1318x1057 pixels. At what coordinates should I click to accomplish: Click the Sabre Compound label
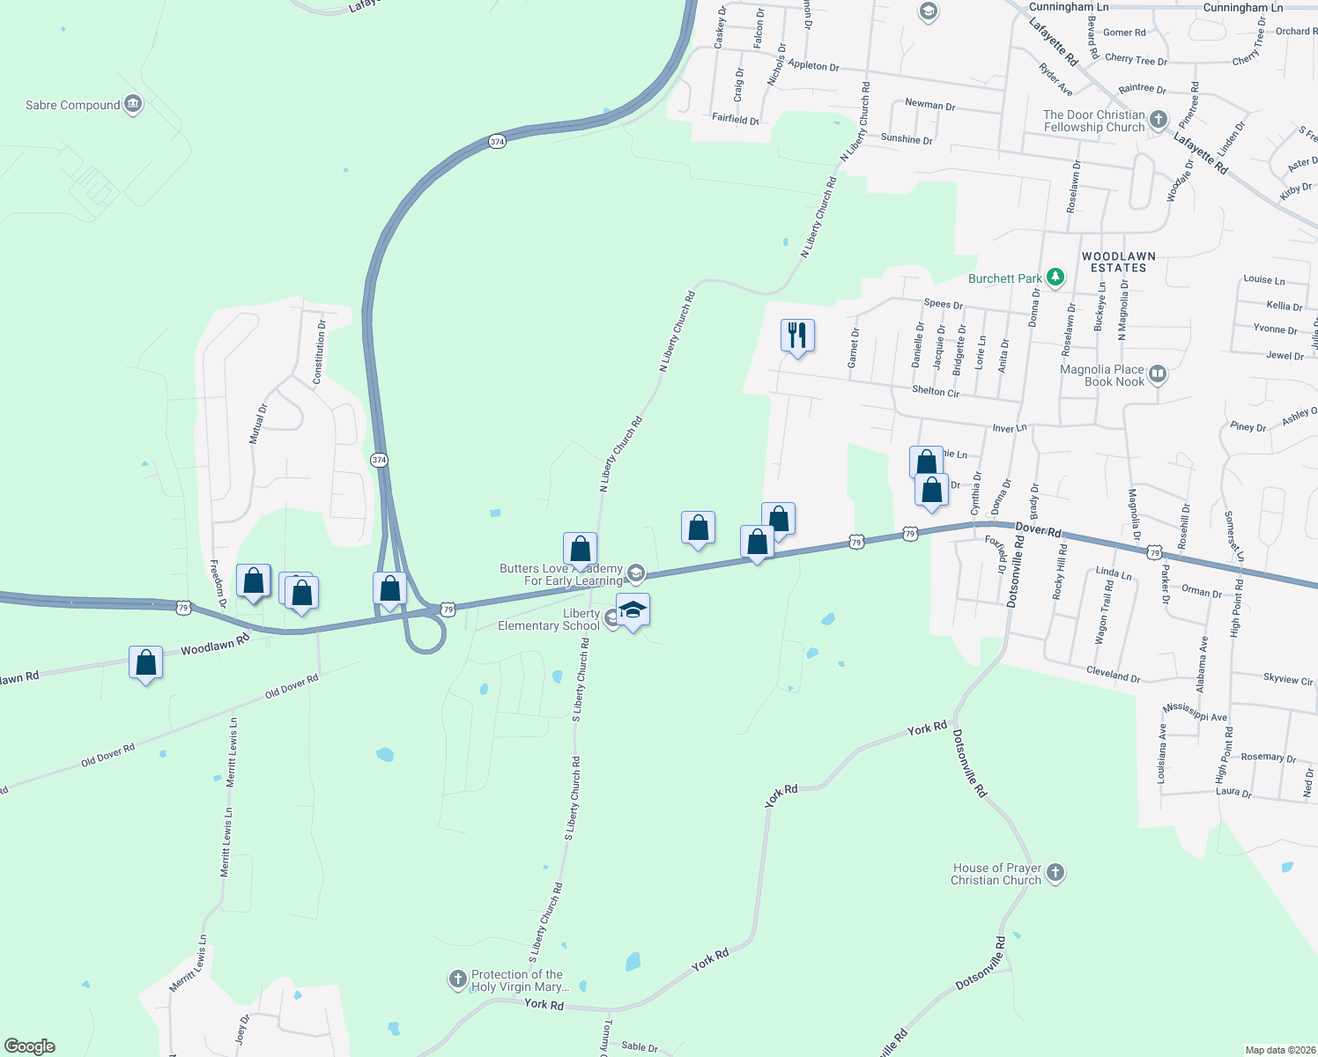click(x=72, y=106)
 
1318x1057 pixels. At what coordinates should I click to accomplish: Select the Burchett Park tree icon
click(x=1055, y=278)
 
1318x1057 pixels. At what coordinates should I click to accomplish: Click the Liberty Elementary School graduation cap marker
click(x=633, y=610)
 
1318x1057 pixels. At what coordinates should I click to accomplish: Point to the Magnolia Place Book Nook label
click(x=1102, y=376)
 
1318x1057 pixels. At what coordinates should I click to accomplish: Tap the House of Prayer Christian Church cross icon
click(x=1055, y=874)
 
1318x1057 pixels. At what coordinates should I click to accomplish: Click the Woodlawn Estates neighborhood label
click(x=1118, y=262)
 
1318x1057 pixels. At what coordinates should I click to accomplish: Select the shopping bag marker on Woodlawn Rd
click(x=146, y=663)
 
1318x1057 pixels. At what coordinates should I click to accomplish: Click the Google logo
click(x=30, y=1046)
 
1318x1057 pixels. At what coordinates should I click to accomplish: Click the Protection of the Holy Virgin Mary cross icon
click(x=458, y=979)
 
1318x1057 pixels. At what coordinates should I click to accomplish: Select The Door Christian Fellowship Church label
click(x=1093, y=122)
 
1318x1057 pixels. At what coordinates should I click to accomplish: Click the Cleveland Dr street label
click(x=1113, y=676)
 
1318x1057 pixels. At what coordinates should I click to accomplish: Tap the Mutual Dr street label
click(x=257, y=424)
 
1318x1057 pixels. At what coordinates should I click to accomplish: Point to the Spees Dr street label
click(x=943, y=304)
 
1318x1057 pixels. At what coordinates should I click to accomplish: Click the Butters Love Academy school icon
click(x=636, y=574)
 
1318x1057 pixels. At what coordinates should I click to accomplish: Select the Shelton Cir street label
click(x=936, y=391)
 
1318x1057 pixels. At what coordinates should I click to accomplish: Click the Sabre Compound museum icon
click(x=133, y=105)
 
